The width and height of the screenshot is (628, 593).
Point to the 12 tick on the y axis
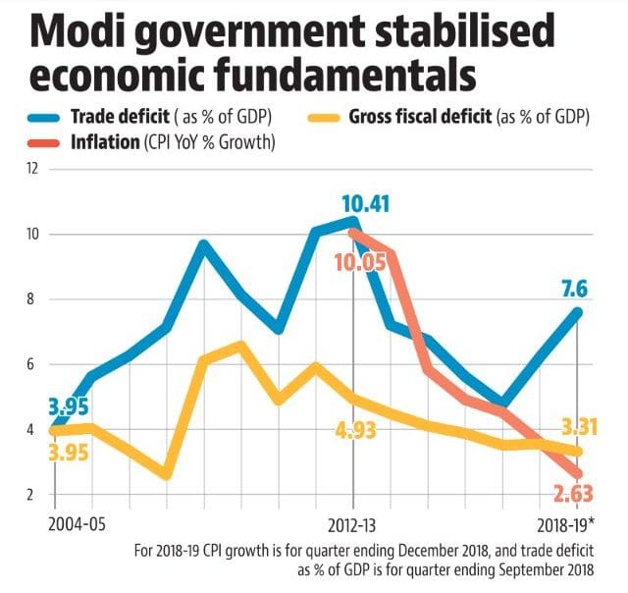tap(32, 169)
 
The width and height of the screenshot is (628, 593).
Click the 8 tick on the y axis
tap(33, 299)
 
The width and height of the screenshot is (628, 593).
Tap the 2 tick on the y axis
tap(33, 494)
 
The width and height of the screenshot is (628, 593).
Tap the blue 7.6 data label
tap(576, 289)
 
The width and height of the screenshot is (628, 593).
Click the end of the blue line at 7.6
tap(578, 312)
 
